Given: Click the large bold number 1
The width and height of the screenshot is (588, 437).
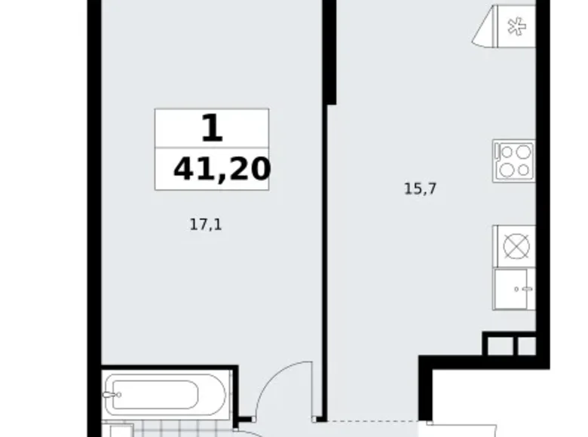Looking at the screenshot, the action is point(213,128).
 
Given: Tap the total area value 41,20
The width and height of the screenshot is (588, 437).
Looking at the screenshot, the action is point(222,169).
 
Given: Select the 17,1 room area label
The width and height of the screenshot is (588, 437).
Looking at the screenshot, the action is point(206,225).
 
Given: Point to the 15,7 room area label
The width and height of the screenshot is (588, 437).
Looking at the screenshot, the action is point(421,188).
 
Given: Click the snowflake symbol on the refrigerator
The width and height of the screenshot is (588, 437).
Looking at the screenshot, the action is point(516,26).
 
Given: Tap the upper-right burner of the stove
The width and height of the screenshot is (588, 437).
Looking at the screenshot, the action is point(522,152).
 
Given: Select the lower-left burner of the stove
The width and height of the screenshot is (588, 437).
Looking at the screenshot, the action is point(507,170).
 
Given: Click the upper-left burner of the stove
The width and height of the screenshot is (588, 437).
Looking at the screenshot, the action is point(507,152).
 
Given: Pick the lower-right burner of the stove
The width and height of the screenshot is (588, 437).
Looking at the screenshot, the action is point(523,170).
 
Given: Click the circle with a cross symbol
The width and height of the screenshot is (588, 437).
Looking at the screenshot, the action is point(516,247).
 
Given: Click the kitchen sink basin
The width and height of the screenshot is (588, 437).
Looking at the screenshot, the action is point(510,289).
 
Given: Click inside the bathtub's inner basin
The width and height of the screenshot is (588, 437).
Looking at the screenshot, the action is point(155,395).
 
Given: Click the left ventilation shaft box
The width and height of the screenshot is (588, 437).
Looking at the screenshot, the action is point(501,346).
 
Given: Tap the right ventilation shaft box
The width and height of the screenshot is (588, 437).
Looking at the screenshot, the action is point(527,346).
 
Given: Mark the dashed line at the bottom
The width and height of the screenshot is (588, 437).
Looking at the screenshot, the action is point(372,421).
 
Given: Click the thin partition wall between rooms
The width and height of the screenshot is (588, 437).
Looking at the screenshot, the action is point(324,262).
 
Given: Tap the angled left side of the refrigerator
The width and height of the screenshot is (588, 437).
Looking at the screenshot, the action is point(485,26).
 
